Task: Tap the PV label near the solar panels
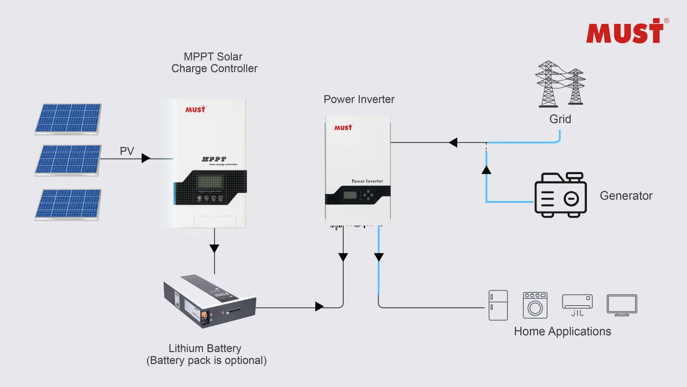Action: (x=127, y=151)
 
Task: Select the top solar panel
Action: (x=68, y=119)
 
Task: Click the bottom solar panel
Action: (x=68, y=204)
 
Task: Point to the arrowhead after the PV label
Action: (x=146, y=158)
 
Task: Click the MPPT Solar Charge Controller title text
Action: (x=214, y=62)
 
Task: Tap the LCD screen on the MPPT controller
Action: (x=210, y=182)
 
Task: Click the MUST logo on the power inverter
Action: (x=343, y=128)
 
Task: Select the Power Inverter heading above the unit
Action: (x=359, y=99)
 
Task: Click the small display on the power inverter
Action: (x=350, y=195)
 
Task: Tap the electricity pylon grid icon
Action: (x=560, y=84)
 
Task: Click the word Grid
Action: (x=560, y=119)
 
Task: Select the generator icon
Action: (x=560, y=195)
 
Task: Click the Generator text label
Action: (x=626, y=196)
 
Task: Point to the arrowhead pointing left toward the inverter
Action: (x=453, y=142)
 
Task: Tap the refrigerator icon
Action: (x=498, y=305)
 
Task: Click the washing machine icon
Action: (x=535, y=305)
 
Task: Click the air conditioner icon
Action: (x=577, y=305)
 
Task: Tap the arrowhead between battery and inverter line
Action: (x=319, y=306)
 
